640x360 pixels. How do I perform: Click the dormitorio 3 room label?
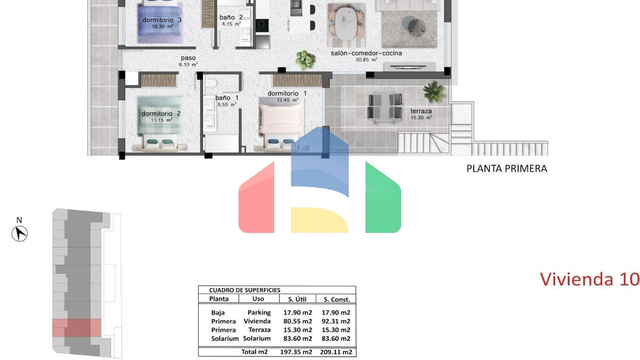(162, 20)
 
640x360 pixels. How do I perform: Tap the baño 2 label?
(231, 17)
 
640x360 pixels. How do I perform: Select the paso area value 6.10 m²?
(188, 65)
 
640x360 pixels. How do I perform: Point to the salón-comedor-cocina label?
(366, 53)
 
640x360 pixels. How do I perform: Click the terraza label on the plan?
(421, 111)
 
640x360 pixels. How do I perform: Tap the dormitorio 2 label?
(161, 114)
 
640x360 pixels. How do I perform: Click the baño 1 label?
(227, 98)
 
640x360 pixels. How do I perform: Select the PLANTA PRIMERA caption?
(507, 169)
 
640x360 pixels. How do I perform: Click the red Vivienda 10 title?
(590, 279)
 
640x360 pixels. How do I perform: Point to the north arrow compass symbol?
(20, 234)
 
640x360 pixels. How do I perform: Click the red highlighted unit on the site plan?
(77, 328)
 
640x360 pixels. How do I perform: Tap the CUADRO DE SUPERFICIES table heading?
(245, 290)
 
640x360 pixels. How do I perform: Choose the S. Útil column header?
(297, 299)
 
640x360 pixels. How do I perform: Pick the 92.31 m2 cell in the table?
(336, 321)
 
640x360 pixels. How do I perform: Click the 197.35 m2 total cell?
(296, 352)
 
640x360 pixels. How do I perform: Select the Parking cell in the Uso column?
(259, 312)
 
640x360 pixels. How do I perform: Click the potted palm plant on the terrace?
(434, 91)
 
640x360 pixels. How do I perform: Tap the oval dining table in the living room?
(346, 23)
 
